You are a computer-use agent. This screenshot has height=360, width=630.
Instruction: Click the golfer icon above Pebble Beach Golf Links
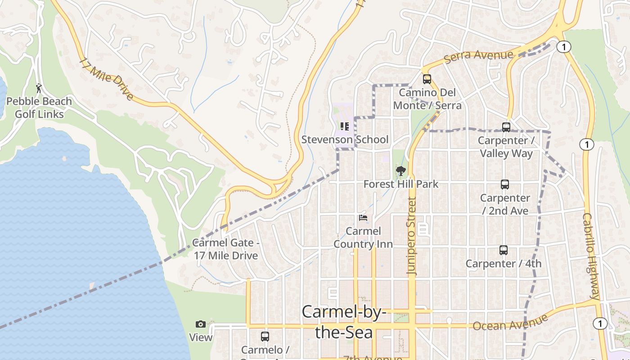(x=39, y=88)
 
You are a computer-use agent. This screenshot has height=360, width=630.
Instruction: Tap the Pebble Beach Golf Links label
(x=39, y=108)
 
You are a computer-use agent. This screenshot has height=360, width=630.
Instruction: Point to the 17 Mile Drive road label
(x=106, y=79)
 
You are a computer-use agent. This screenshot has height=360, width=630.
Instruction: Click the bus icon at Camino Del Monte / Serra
(x=427, y=79)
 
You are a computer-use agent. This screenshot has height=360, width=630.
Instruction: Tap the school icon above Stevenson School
(x=345, y=126)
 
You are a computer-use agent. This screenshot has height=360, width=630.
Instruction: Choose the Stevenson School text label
(x=345, y=139)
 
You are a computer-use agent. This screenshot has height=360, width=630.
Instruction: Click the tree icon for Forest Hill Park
(x=400, y=171)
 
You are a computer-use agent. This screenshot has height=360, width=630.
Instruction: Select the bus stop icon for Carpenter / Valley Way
(x=506, y=127)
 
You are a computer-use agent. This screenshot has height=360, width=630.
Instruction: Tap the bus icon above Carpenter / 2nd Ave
(x=505, y=184)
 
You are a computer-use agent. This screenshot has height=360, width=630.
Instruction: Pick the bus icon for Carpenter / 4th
(x=504, y=250)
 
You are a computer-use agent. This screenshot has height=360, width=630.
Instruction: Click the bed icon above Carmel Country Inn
(x=363, y=218)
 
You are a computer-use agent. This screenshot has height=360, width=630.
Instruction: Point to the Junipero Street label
(x=412, y=236)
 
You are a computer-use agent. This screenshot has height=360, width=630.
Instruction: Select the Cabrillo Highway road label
(x=591, y=256)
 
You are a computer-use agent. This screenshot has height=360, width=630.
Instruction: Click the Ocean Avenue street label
(x=510, y=323)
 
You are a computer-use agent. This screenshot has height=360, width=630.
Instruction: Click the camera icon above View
(x=201, y=324)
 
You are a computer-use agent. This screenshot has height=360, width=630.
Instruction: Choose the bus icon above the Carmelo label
(x=265, y=337)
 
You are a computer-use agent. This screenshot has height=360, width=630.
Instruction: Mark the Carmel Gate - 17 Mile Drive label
(x=226, y=249)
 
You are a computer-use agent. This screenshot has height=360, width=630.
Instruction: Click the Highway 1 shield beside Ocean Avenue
(x=600, y=323)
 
